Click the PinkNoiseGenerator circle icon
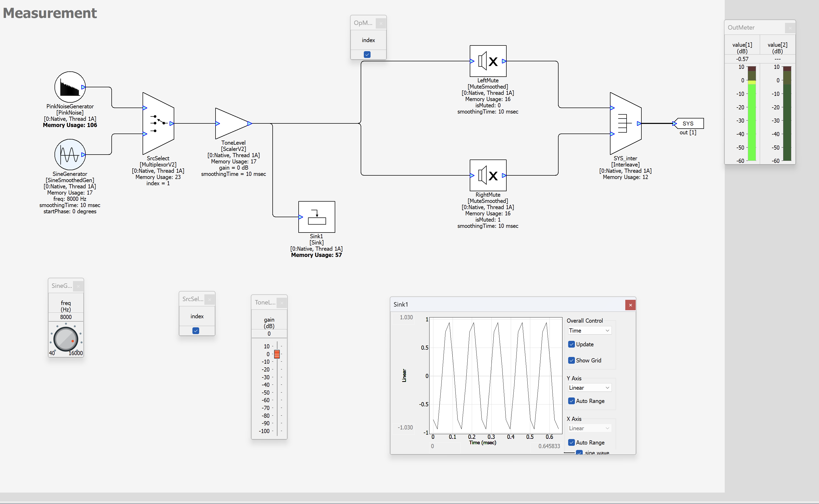pos(70,87)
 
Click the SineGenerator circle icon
pos(70,155)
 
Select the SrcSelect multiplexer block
pos(158,123)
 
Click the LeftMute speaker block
pos(488,61)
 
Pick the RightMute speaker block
pos(488,175)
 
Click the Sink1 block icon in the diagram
pos(317,217)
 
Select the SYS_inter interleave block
pos(625,123)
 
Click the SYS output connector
pos(688,123)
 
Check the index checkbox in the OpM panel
pos(367,54)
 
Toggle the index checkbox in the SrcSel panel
pos(196,331)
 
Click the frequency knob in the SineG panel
pos(66,339)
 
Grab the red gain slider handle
pos(277,354)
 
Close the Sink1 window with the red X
pos(630,305)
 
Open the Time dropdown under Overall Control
pos(589,331)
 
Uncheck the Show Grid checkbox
pos(572,360)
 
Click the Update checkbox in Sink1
pos(572,344)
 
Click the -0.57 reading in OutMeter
pos(742,59)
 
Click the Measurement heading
pos(50,13)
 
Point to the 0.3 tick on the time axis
pos(491,437)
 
